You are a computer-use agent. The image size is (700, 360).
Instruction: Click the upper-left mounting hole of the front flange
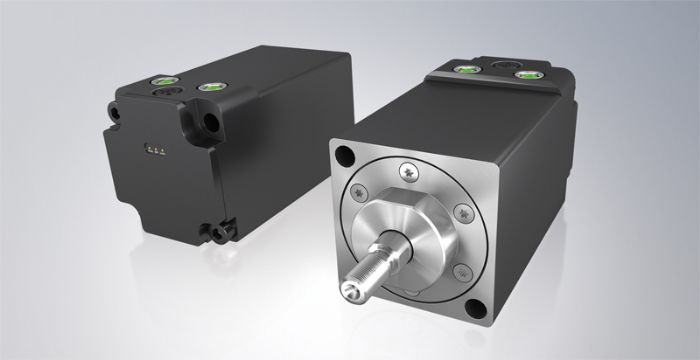tap(346, 156)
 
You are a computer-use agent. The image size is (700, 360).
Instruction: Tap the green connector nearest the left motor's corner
tap(212, 89)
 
